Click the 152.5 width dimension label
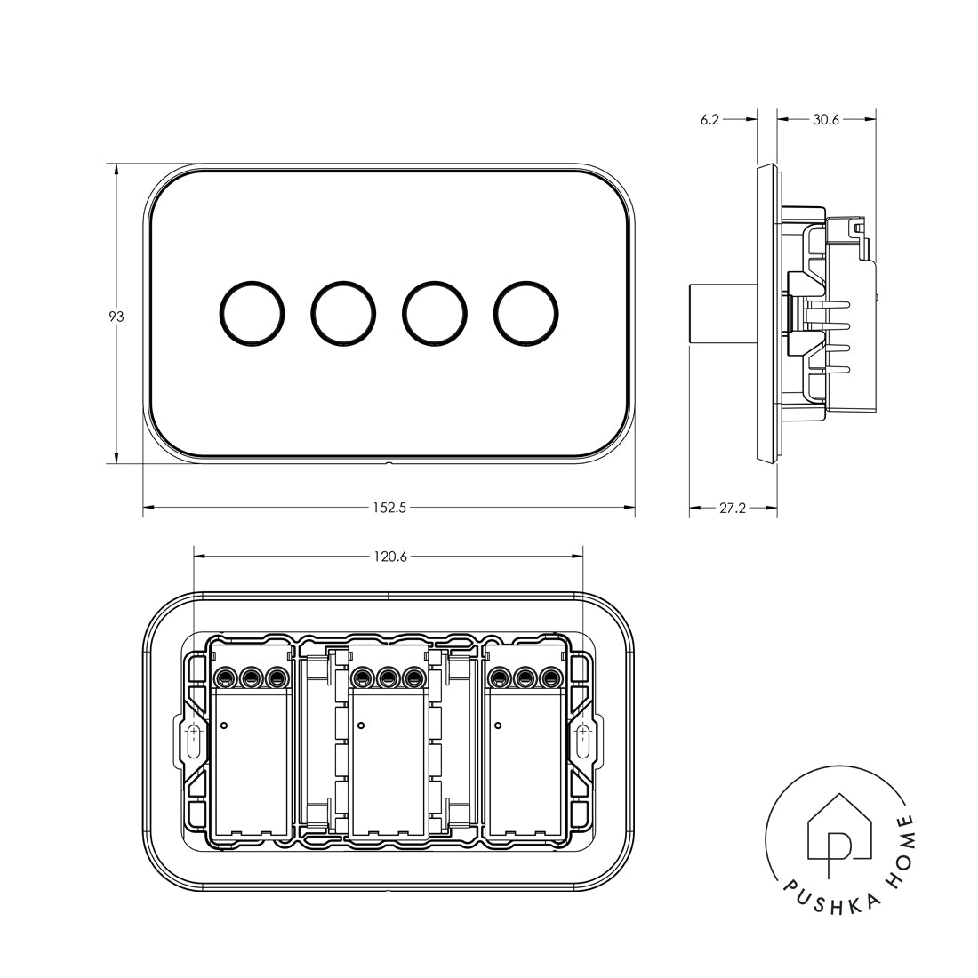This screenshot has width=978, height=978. pyautogui.click(x=389, y=509)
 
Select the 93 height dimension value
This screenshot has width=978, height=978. pyautogui.click(x=116, y=317)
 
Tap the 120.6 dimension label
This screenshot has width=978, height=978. pyautogui.click(x=389, y=557)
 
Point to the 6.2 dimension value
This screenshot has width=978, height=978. pyautogui.click(x=709, y=119)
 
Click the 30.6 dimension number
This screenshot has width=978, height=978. pyautogui.click(x=826, y=119)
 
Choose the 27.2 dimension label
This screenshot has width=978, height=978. pyautogui.click(x=732, y=509)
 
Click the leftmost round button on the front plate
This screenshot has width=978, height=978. pyautogui.click(x=252, y=313)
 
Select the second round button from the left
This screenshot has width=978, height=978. pyautogui.click(x=343, y=313)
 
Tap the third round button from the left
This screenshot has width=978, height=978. pyautogui.click(x=435, y=313)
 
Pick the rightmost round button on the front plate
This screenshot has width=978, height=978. pyautogui.click(x=526, y=313)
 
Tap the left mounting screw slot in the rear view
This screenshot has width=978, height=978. pyautogui.click(x=194, y=741)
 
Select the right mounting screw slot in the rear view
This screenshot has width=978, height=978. pyautogui.click(x=582, y=741)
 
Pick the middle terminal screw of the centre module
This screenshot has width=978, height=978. pyautogui.click(x=388, y=679)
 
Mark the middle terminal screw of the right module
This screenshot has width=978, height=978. pyautogui.click(x=525, y=679)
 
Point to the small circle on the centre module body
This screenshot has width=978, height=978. pyautogui.click(x=360, y=726)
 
